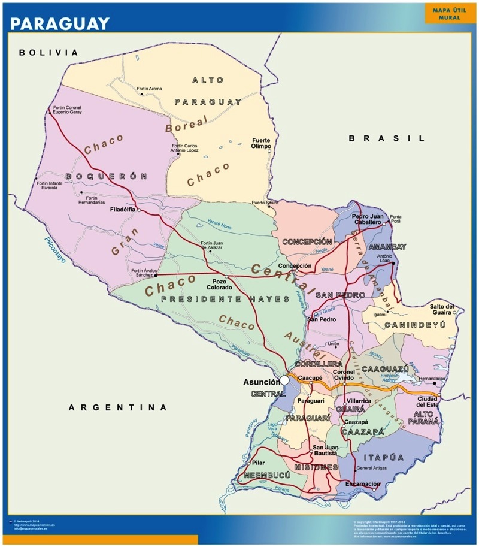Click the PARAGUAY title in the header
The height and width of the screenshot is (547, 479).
coord(60,23)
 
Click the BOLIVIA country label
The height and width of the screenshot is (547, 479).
coord(48,53)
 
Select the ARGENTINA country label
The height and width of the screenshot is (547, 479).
coord(118,407)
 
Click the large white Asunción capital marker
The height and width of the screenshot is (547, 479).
coord(285,380)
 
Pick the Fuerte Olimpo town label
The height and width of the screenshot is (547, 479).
coord(261,143)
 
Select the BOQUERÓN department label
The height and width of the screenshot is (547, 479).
coord(106,176)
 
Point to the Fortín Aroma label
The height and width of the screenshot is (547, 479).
coord(149,89)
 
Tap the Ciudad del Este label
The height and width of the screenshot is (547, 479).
coord(428,401)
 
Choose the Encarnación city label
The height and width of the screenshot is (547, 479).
coord(362,484)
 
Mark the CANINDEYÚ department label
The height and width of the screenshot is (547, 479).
coord(416,325)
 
